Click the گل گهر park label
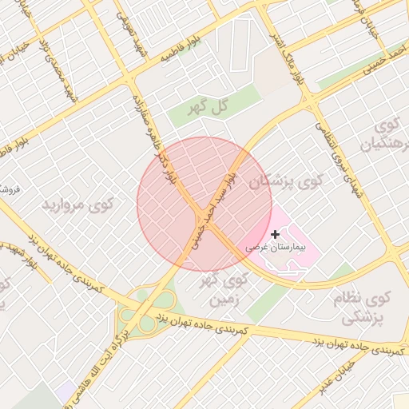coord(204,105)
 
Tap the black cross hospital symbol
coord(276,234)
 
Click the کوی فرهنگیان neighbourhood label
coord(389,136)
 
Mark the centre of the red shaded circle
coord(204,204)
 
